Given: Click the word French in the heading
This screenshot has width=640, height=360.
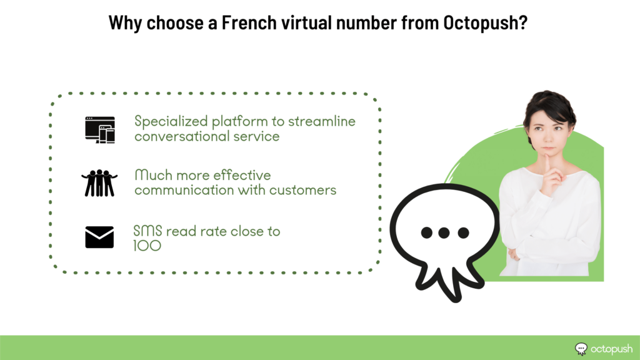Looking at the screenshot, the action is tap(249, 22).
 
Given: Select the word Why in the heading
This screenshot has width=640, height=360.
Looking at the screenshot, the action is tap(125, 23).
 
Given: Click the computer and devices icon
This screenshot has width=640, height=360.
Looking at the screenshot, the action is tap(100, 130).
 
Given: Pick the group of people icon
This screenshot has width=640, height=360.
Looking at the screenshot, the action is tap(99, 183).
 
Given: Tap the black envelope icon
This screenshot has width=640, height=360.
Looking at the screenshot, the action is tap(99, 237).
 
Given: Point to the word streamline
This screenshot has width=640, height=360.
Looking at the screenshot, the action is tap(322, 121).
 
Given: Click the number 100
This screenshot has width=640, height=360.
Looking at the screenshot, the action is tap(147, 246).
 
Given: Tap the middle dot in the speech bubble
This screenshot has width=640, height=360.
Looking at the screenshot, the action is tap(444, 232).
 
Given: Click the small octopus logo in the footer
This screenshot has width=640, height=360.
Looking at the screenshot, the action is tap(581, 349).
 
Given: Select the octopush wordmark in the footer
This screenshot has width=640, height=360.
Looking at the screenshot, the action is tap(611, 349).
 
